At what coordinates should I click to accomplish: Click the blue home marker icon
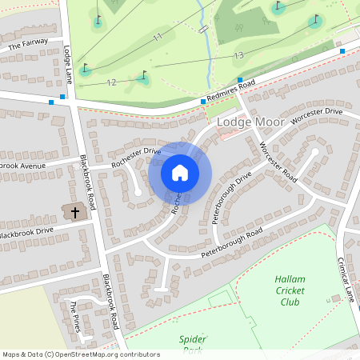pos(180,173)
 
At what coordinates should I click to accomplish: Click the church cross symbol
pos(75,213)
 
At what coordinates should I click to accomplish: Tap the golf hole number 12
pos(111,82)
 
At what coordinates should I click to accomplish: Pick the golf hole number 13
pos(238,54)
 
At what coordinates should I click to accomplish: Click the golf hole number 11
pos(158,37)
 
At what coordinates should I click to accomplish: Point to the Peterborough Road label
pos(231,242)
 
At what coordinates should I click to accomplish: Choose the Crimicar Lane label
pos(345,279)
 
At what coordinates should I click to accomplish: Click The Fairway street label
pos(29,45)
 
